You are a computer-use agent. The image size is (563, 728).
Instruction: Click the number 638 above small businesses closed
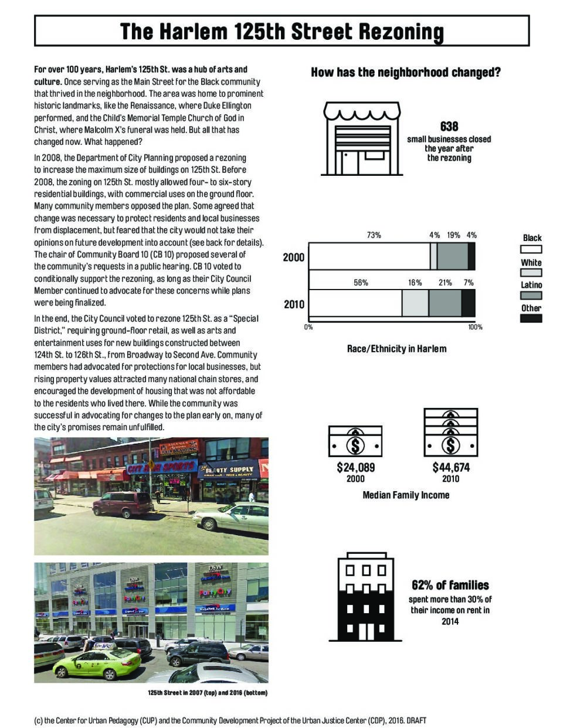449,126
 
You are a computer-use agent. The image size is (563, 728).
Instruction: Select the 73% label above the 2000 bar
374,235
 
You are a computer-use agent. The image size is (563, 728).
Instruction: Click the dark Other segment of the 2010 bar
468,302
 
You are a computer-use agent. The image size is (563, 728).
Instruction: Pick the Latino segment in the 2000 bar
452,256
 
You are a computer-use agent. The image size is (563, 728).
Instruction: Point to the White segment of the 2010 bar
415,302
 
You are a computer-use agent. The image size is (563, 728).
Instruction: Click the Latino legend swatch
531,295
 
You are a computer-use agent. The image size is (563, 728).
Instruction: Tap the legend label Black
532,238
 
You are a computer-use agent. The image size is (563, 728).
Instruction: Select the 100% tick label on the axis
475,327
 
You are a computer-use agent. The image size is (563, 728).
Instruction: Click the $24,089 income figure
355,467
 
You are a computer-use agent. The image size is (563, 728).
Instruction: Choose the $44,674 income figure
450,467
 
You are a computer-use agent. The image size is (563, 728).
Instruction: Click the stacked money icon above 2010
450,433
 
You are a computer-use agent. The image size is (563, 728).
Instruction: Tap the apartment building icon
365,597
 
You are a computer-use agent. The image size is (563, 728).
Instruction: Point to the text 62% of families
450,585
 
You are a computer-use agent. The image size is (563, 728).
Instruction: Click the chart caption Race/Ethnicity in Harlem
396,349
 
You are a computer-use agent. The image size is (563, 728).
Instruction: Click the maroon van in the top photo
123,504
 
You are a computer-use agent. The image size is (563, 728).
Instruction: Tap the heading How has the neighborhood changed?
405,73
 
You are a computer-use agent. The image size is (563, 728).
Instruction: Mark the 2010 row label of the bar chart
294,304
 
